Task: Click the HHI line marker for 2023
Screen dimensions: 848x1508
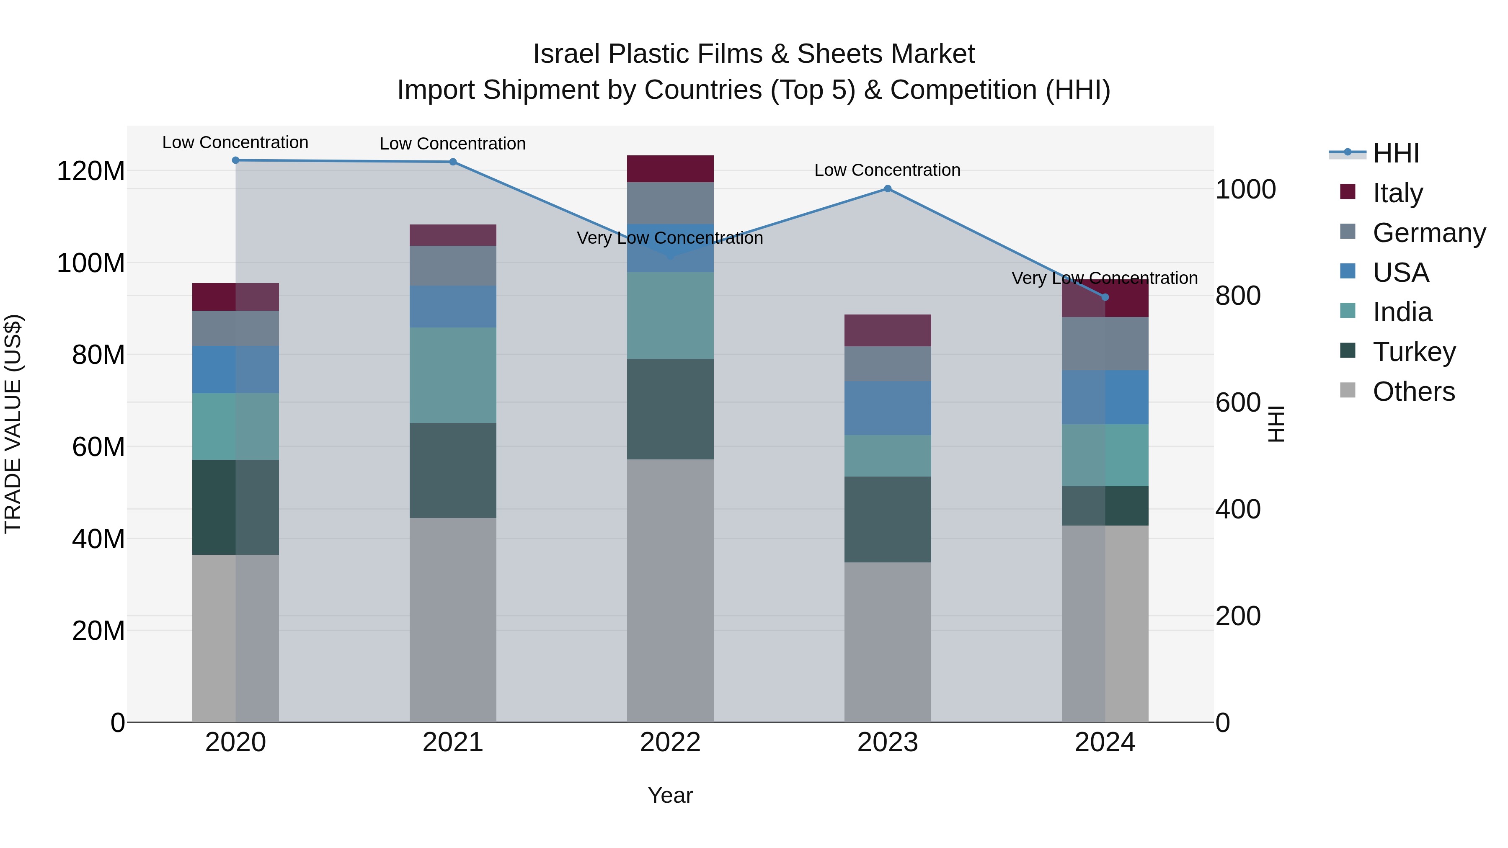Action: pyautogui.click(x=888, y=188)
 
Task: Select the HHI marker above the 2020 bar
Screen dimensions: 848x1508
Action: pyautogui.click(x=235, y=160)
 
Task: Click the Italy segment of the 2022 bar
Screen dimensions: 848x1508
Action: pyautogui.click(x=670, y=168)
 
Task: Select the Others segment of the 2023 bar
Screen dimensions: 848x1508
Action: pyautogui.click(x=888, y=642)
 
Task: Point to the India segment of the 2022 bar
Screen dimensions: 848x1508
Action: pyautogui.click(x=670, y=315)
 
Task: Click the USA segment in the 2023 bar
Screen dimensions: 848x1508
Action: pyautogui.click(x=888, y=407)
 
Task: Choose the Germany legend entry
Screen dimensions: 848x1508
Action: pyautogui.click(x=1428, y=233)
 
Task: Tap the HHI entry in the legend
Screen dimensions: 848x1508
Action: pyautogui.click(x=1396, y=153)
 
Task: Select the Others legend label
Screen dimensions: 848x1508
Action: pyautogui.click(x=1413, y=392)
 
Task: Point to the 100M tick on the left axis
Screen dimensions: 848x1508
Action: pyautogui.click(x=91, y=263)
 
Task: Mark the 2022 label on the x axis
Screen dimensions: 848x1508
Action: pyautogui.click(x=670, y=742)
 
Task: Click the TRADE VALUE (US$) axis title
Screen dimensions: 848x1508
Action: pyautogui.click(x=13, y=424)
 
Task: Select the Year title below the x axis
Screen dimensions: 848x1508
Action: pyautogui.click(x=670, y=795)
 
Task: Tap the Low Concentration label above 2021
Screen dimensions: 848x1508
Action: pyautogui.click(x=452, y=143)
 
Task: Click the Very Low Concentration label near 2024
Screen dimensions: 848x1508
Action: pyautogui.click(x=1104, y=278)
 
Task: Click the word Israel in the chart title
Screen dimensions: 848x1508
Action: pyautogui.click(x=567, y=54)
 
